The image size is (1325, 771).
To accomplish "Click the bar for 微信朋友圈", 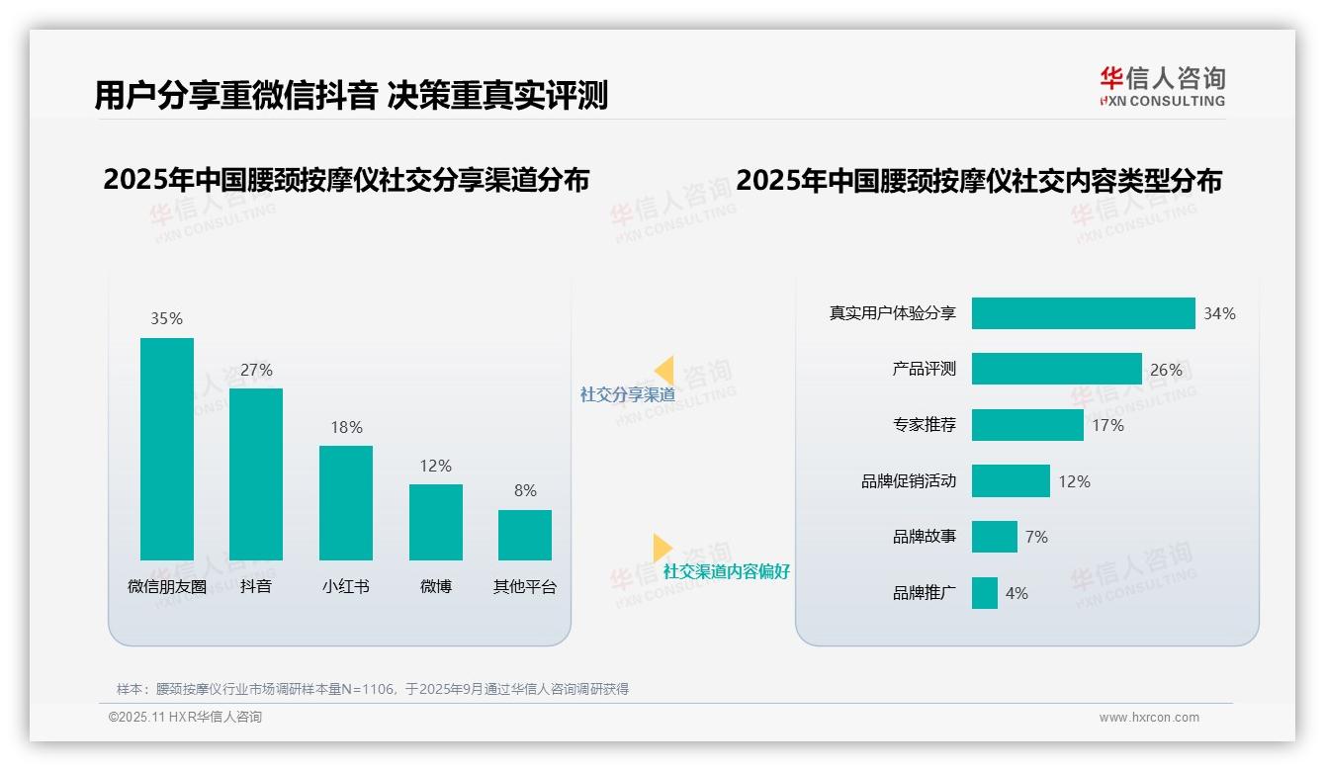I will coord(167,449).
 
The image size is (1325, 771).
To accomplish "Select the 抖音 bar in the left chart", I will coord(256,474).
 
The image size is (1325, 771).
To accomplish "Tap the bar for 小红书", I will coord(346,503).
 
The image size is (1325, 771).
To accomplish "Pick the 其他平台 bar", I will coord(525,535).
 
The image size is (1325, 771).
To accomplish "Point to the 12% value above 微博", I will coord(435,466).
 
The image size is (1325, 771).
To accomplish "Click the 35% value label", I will coord(166,318).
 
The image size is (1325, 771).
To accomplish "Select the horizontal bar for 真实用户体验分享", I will coord(1083,313).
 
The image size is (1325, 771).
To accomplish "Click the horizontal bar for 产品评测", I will coord(1056,369).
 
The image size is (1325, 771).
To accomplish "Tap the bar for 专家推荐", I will coord(1027,425).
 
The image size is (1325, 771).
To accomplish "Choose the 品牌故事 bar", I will coord(994,537).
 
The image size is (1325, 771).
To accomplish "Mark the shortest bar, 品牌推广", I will coord(984,593).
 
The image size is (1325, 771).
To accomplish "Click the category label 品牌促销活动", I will coord(909,481).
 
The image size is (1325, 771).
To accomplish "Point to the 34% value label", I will coord(1219,313).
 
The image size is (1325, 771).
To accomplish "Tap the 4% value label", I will coord(1016,593).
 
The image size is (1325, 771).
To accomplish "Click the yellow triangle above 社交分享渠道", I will coord(664,371).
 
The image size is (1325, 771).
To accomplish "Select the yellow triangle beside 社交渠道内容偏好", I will coord(662,548).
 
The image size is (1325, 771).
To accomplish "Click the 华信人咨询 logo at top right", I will coord(1162,86).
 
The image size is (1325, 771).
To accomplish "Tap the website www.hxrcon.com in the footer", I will coord(1149,718).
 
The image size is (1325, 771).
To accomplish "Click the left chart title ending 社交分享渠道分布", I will coord(346,180).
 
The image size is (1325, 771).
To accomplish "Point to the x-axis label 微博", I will coord(435,586).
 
